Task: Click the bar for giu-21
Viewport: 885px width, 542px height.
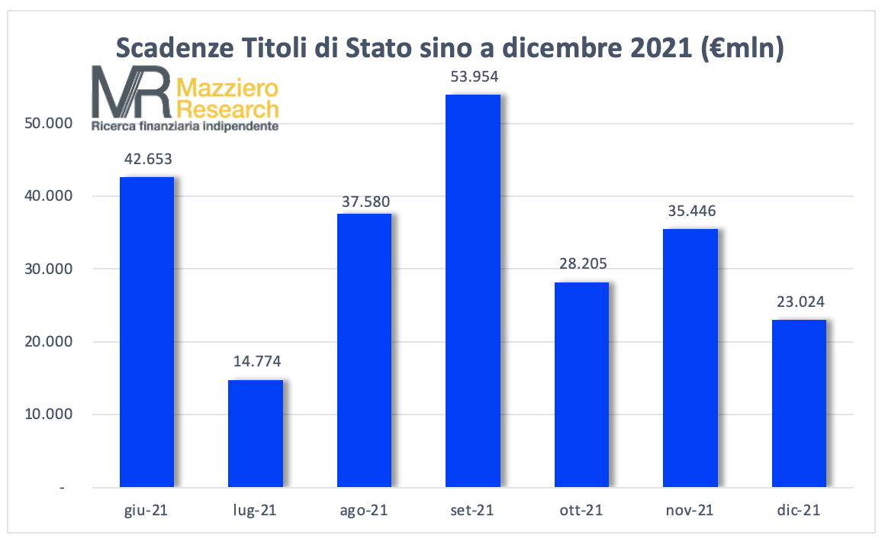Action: click(147, 332)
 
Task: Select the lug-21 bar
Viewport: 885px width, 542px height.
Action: click(256, 434)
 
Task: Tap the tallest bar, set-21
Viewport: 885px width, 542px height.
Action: click(473, 291)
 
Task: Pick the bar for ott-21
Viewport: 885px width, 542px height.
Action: click(581, 385)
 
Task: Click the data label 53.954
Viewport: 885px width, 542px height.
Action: click(473, 77)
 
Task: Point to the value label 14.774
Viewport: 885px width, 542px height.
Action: click(256, 363)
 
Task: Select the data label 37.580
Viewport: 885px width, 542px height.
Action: click(365, 196)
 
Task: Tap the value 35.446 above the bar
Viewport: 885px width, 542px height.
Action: click(690, 211)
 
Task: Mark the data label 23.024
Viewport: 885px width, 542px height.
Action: click(799, 302)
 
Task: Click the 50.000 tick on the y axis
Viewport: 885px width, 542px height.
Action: click(48, 124)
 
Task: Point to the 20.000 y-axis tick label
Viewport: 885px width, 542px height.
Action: click(48, 342)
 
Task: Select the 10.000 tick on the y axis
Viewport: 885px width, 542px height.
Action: click(48, 415)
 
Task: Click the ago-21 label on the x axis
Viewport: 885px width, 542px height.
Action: click(364, 510)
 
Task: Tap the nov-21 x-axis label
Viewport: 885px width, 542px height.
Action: click(690, 510)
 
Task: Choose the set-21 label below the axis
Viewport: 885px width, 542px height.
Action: click(473, 510)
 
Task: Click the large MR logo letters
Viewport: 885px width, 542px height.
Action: click(130, 92)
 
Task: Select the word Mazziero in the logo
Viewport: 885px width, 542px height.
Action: click(227, 87)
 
